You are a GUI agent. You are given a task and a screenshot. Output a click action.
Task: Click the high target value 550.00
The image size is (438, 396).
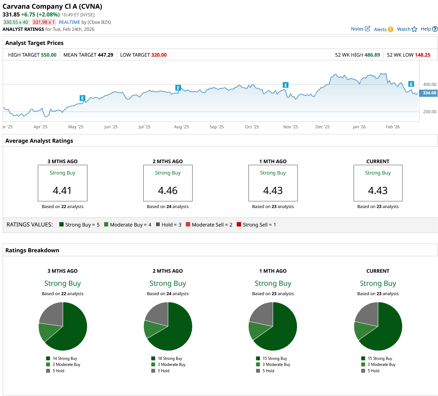49,55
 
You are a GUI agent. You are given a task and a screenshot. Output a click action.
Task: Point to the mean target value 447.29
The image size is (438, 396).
105,55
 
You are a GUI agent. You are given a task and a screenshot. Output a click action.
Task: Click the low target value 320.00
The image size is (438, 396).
159,55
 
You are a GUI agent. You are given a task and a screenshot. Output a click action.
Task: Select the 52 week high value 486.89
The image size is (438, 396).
372,55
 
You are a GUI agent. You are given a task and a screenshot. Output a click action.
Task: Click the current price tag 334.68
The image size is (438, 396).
429,93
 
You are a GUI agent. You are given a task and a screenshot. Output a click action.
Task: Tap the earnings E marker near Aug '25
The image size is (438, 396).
178,88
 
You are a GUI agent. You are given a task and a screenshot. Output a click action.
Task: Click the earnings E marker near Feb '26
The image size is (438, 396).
411,84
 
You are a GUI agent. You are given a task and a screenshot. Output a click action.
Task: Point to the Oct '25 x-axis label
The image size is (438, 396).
252,127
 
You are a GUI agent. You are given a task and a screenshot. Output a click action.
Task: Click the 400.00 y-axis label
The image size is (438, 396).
430,84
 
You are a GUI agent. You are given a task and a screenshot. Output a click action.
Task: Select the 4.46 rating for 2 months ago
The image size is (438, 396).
168,190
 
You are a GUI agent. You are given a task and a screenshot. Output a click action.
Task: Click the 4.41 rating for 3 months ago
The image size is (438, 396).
62,190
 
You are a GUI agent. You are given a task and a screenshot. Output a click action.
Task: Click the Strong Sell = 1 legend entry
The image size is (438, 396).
256,225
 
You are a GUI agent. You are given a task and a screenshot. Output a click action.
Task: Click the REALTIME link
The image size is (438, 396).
69,22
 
